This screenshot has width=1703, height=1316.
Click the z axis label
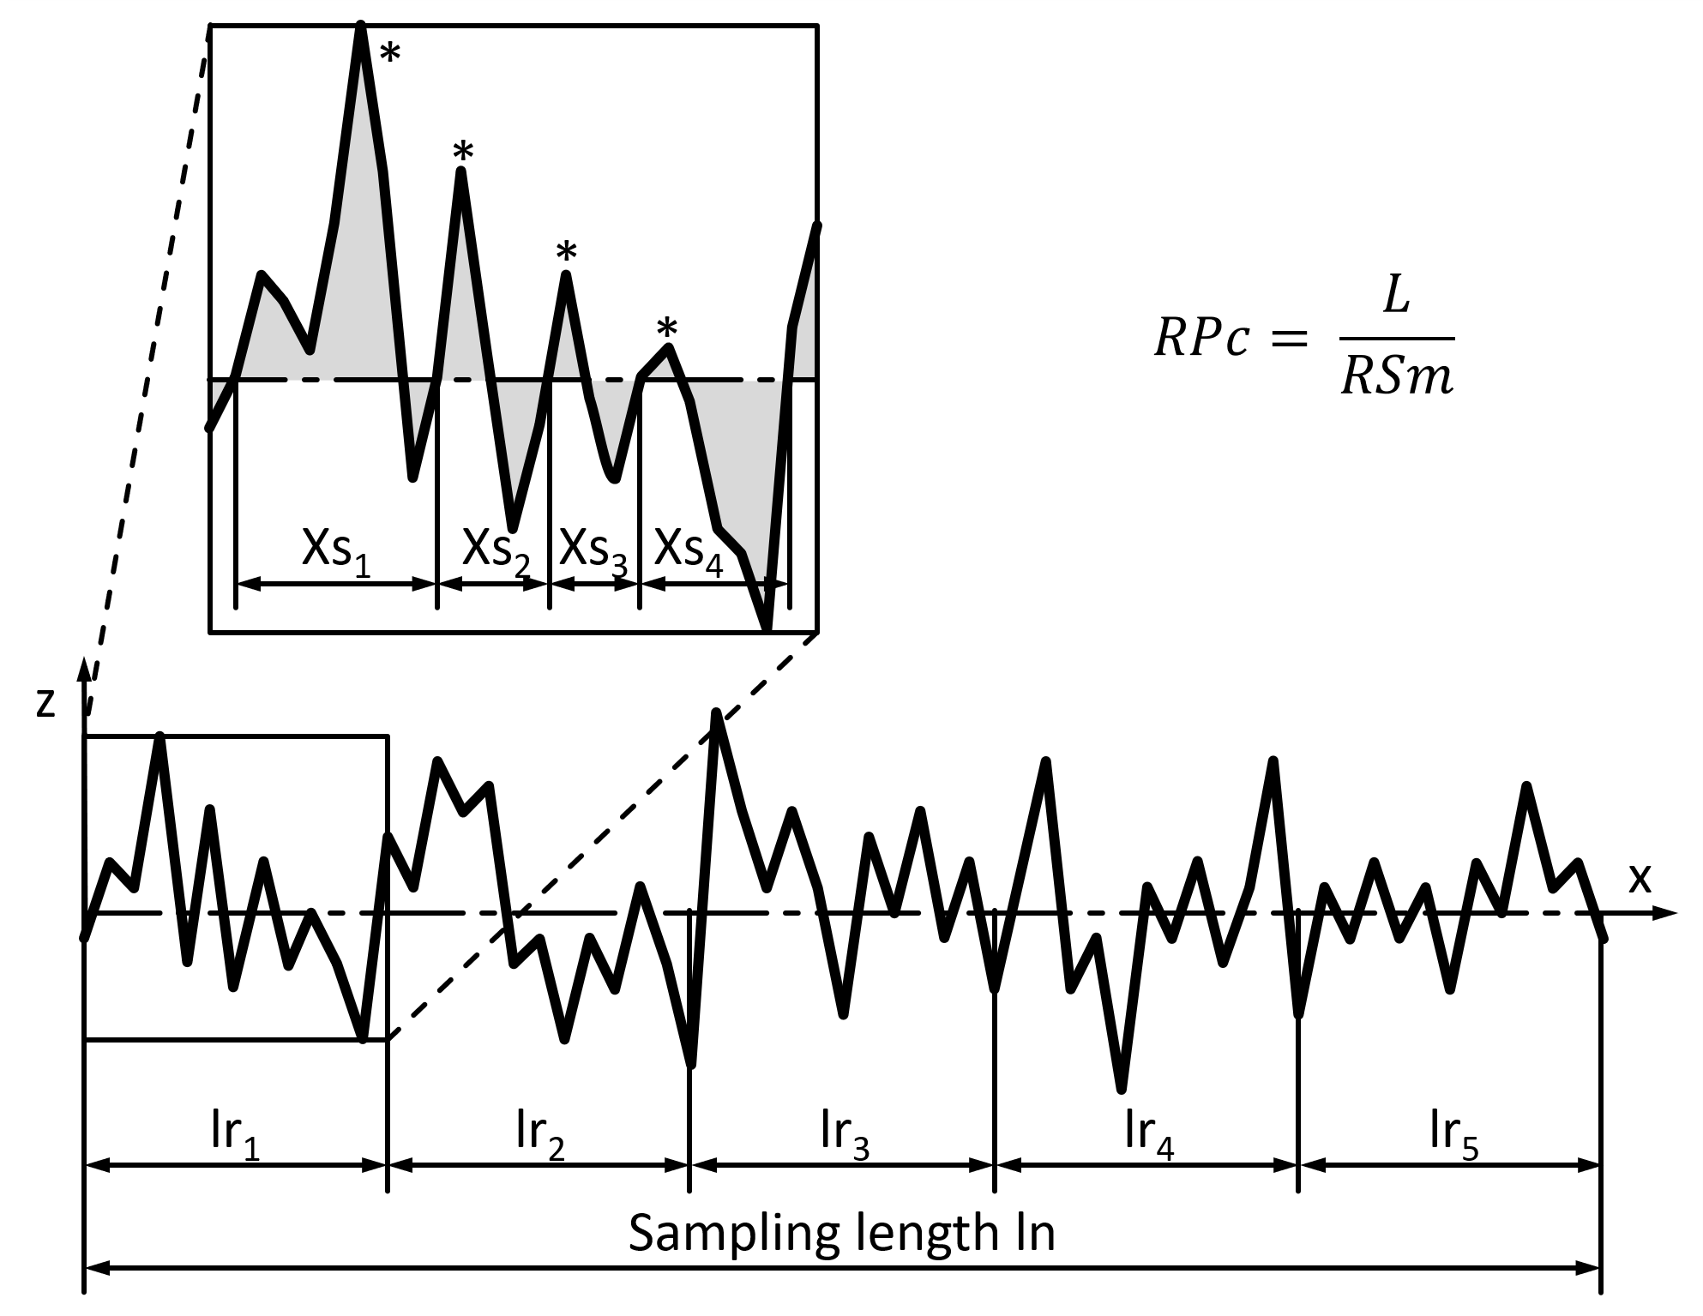click(x=46, y=702)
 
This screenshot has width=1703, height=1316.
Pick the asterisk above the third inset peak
click(x=566, y=253)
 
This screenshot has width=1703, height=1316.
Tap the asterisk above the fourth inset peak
click(x=667, y=328)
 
